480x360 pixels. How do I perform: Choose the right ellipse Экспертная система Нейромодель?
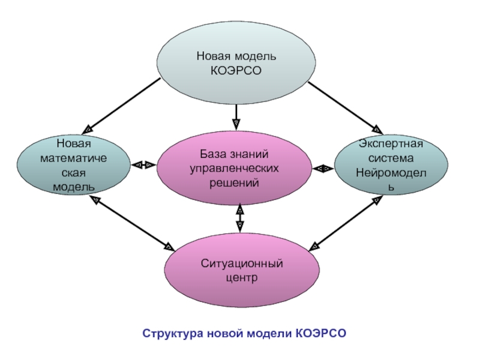[391, 165]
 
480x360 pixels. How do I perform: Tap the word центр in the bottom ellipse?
[242, 278]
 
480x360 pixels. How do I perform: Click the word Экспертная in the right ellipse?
[391, 145]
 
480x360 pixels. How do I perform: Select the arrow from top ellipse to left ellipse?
[124, 105]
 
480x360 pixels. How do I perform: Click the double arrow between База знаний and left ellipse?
[143, 164]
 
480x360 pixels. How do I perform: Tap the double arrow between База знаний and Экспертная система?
[323, 169]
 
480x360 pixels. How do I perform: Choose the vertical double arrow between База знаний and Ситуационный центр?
[239, 217]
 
